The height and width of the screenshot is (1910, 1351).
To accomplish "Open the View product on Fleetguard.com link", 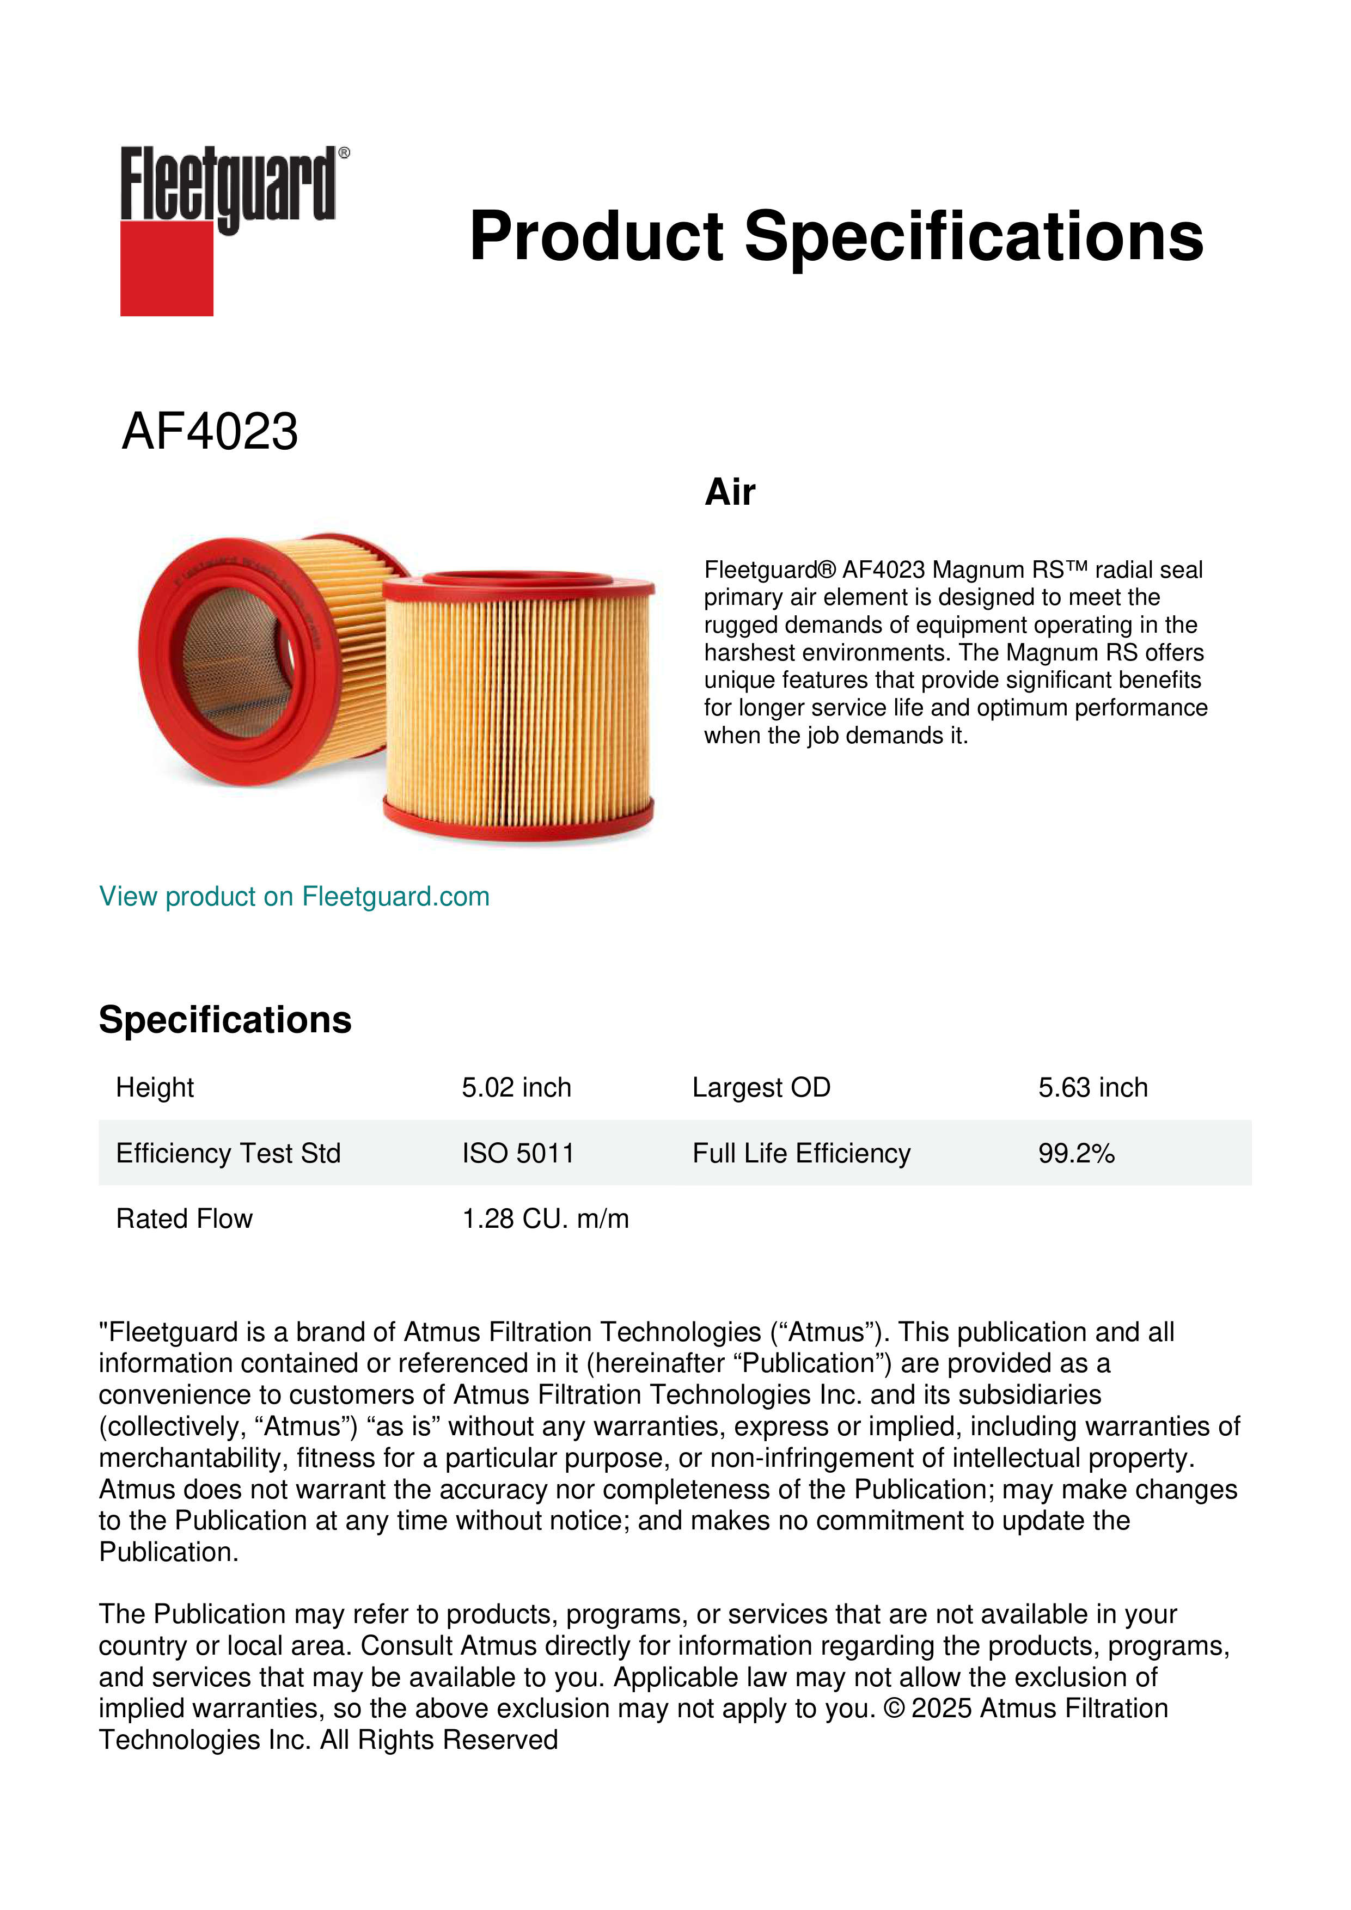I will [294, 896].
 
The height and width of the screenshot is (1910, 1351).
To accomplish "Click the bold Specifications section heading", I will [224, 1019].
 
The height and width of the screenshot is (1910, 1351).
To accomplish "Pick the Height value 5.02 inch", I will [516, 1087].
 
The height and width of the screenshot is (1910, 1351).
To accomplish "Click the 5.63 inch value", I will [1092, 1087].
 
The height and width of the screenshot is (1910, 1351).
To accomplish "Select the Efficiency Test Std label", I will [228, 1153].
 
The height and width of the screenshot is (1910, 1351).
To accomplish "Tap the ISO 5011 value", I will [517, 1153].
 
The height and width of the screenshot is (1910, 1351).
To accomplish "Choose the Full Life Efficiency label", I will [801, 1153].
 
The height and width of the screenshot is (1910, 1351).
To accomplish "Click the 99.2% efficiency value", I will [1075, 1153].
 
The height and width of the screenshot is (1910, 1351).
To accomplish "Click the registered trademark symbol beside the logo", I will [344, 153].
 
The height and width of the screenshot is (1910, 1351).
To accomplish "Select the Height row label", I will [155, 1087].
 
